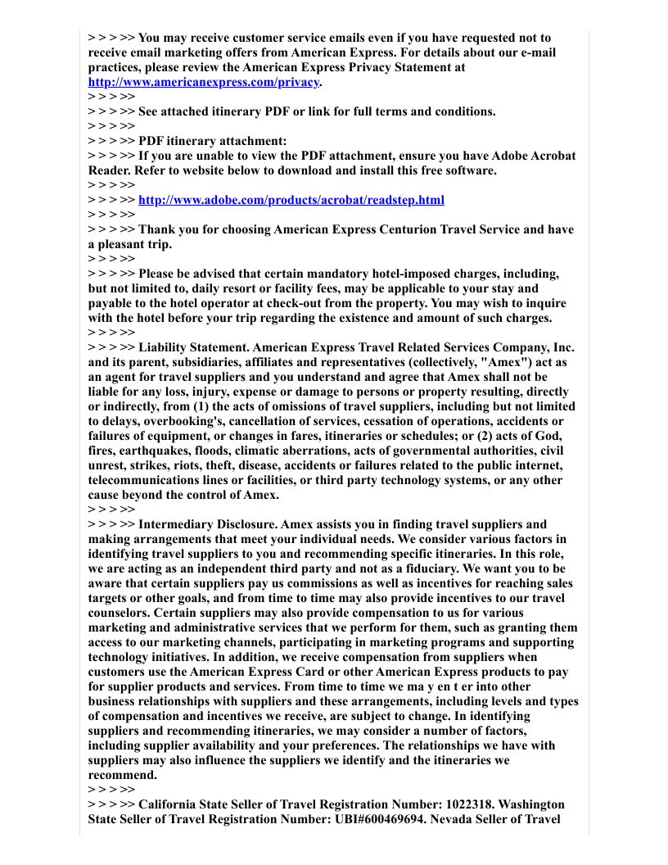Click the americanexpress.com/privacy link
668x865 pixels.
204,82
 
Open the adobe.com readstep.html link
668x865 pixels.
291,200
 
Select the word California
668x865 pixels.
169,804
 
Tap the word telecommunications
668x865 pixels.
147,480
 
